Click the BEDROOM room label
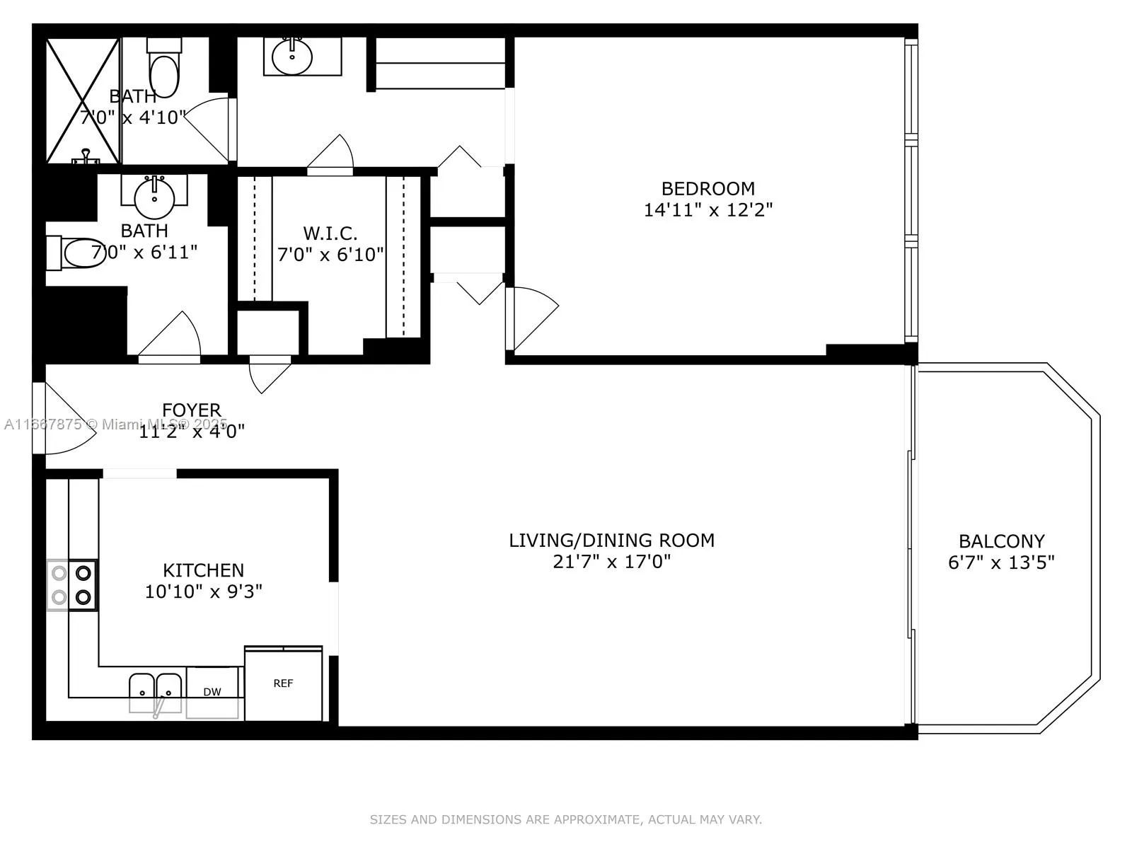[x=707, y=189]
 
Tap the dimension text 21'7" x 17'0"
[x=611, y=562]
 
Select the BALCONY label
[x=1001, y=541]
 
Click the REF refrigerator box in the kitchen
[x=283, y=683]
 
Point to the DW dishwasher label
[x=212, y=692]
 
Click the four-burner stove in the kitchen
[x=72, y=585]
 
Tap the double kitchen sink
[x=155, y=689]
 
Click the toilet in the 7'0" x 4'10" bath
[x=163, y=71]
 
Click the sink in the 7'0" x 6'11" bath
[x=154, y=197]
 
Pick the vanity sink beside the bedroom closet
[x=291, y=57]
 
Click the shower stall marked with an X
[x=82, y=100]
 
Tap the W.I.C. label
[x=330, y=233]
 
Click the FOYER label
[x=191, y=410]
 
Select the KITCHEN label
[x=203, y=570]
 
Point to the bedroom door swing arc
[x=534, y=318]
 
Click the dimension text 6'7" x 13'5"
[x=1001, y=562]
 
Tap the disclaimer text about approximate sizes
[x=565, y=819]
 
